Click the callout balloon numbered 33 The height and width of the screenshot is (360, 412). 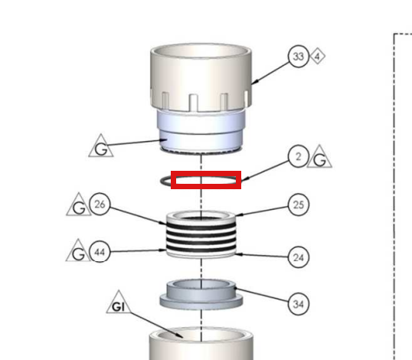299,56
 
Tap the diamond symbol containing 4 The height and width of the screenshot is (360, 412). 317,56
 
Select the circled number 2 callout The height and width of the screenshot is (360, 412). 299,156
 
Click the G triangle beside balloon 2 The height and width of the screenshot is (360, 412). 319,158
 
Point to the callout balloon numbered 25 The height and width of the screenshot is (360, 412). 299,205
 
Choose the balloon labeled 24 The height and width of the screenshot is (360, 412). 299,257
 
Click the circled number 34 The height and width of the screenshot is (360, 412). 299,304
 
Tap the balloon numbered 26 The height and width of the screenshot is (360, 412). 100,204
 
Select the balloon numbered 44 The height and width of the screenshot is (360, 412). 100,252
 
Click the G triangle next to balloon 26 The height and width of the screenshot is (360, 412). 79,206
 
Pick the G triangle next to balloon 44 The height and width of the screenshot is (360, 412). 78,252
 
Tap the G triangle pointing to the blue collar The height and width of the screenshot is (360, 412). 101,147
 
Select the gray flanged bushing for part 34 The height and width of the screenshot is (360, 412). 201,294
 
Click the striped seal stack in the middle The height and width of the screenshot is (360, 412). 201,234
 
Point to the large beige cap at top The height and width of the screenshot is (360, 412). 201,77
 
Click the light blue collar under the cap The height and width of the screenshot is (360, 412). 200,132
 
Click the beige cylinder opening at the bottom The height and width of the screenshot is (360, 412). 201,343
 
